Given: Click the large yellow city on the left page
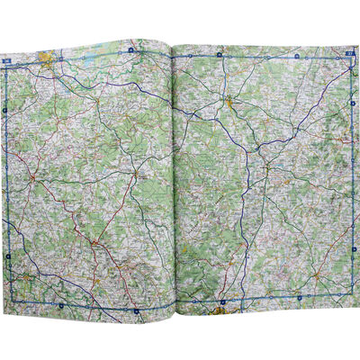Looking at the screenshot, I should pos(46,61).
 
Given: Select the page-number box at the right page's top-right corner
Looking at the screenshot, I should pos(348,56).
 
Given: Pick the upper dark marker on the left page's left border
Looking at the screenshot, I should pos(5,110).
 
